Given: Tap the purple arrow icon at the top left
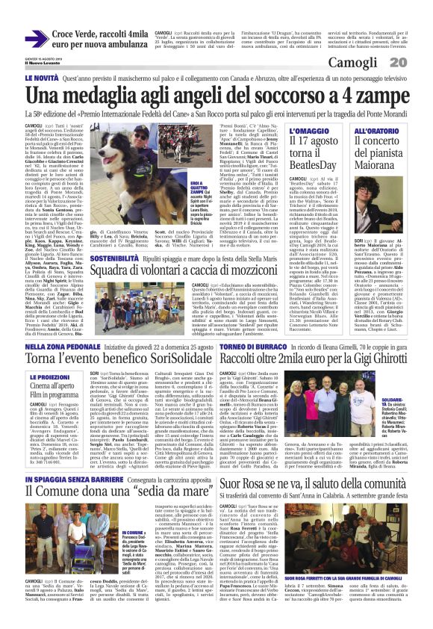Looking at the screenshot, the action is coord(37,38).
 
